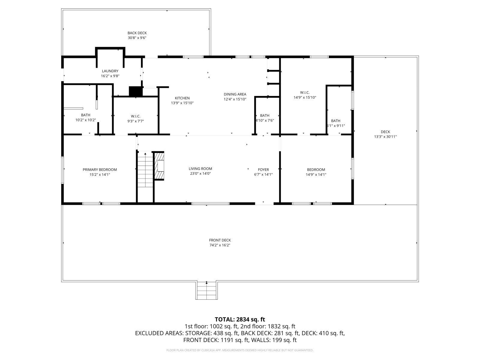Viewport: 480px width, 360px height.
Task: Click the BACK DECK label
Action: [x=137, y=33]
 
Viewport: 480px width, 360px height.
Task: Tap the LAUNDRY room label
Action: [x=110, y=71]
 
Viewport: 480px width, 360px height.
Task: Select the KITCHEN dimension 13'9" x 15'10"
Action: [x=182, y=103]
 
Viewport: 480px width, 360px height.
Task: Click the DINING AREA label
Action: [x=235, y=94]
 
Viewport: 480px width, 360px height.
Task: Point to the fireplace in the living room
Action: [x=160, y=166]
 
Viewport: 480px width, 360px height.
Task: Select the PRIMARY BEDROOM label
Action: [x=100, y=169]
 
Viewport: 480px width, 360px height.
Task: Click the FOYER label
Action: [x=263, y=169]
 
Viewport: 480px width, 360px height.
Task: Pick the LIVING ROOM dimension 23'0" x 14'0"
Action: [x=200, y=173]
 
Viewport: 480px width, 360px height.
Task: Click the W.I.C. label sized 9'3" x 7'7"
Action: [x=136, y=116]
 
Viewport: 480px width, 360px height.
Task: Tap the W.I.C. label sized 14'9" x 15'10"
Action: [x=305, y=92]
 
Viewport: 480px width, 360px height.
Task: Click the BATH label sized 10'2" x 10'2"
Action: [x=85, y=115]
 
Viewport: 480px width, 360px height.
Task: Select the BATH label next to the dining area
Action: [x=265, y=115]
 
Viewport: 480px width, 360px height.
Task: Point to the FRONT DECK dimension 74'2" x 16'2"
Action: [x=220, y=245]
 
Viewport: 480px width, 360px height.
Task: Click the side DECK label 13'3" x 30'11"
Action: [x=385, y=132]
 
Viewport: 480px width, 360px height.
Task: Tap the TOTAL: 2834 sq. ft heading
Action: [x=240, y=319]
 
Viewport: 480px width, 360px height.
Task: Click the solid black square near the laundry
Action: [x=135, y=91]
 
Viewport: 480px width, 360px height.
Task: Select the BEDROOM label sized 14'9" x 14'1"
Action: [x=316, y=169]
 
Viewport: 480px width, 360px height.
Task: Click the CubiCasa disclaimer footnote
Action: [x=240, y=350]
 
